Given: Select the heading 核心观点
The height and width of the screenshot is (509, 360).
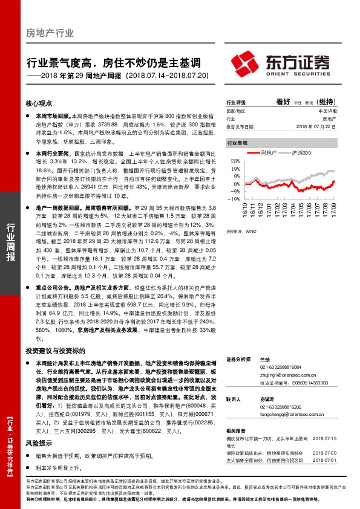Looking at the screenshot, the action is coord(39,103).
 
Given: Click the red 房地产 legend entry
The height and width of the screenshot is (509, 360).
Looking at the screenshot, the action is coord(266,154).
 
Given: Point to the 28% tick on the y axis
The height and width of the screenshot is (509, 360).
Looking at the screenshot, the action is coord(235,163).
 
